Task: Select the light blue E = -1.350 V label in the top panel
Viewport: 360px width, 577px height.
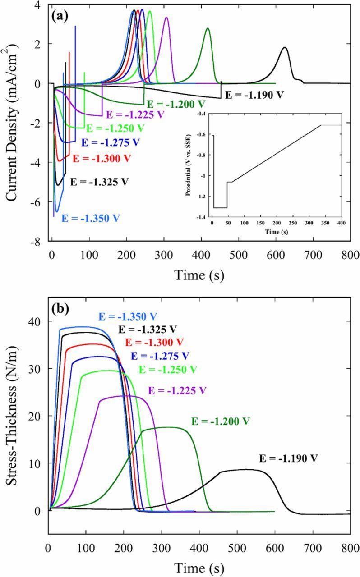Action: (x=91, y=218)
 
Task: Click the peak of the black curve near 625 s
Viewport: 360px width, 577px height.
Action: (x=285, y=47)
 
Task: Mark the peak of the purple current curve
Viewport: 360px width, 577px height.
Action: (x=166, y=18)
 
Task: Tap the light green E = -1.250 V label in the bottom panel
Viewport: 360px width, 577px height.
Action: (x=168, y=370)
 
